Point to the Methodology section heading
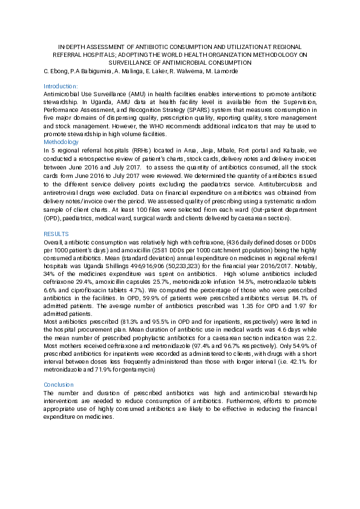pos(61,142)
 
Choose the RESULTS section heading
pos(56,234)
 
